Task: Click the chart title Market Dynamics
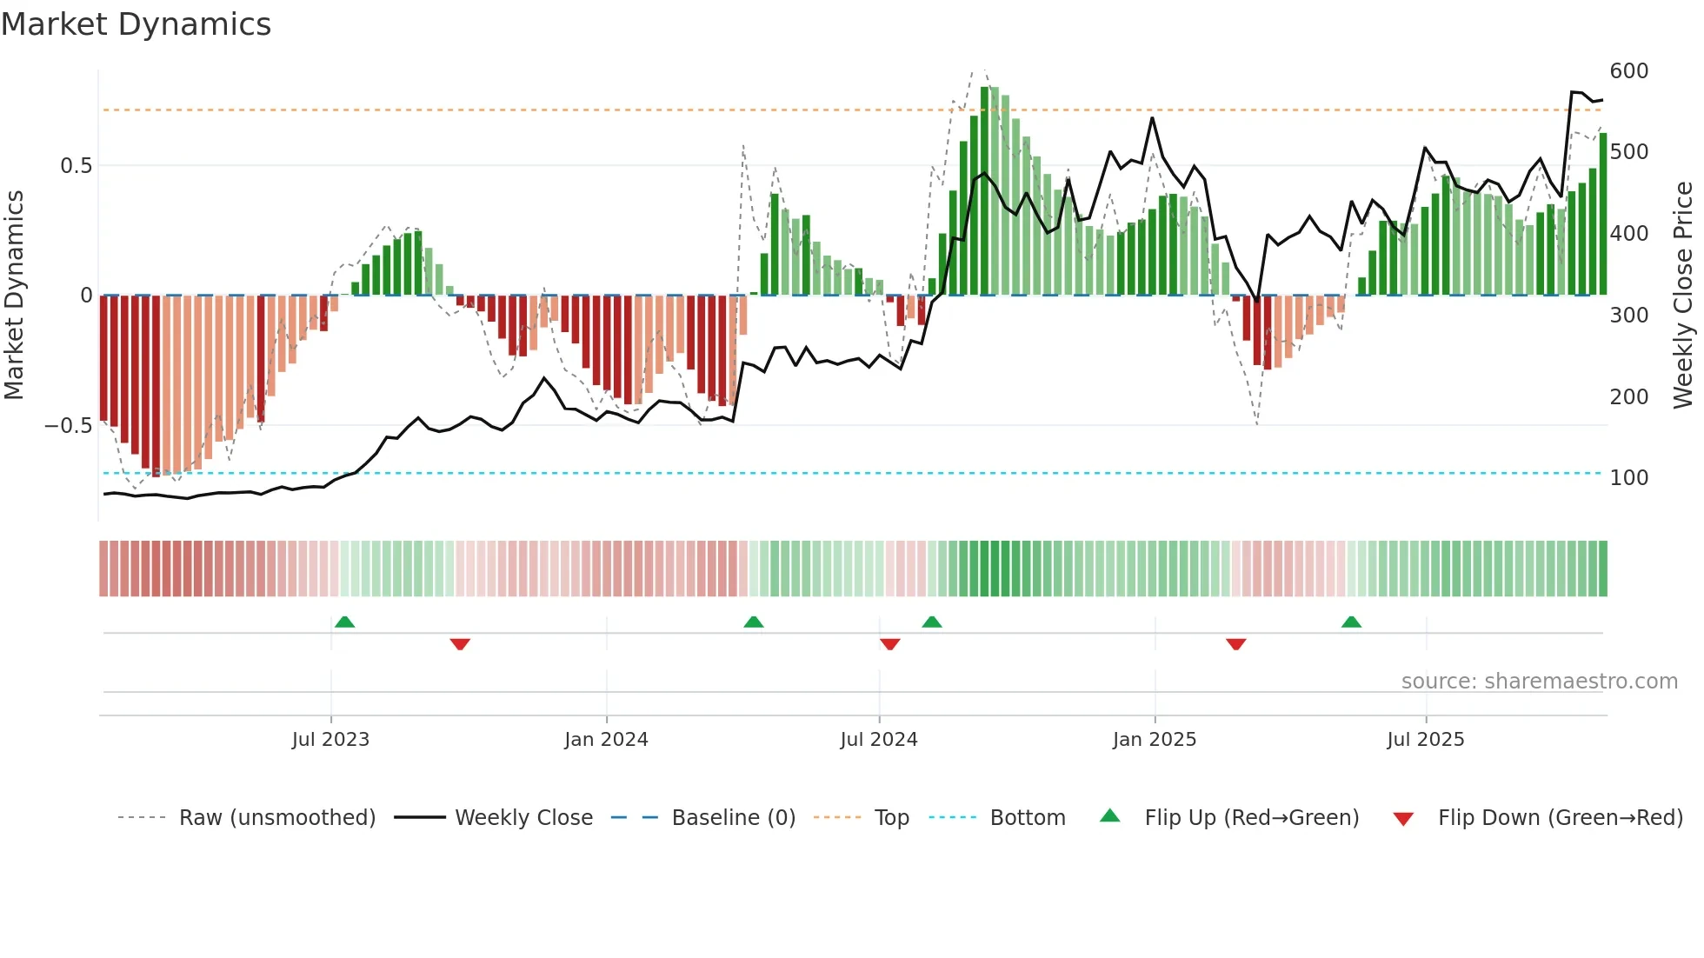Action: click(x=136, y=24)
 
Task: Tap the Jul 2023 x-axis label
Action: click(x=330, y=740)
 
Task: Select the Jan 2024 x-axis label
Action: click(x=606, y=740)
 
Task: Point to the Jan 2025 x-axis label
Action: click(x=1155, y=740)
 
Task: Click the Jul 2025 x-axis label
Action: click(x=1426, y=740)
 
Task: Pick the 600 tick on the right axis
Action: click(x=1629, y=71)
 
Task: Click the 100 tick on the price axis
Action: click(x=1629, y=478)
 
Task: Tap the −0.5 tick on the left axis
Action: click(x=68, y=426)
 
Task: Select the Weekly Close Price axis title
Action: click(x=1683, y=296)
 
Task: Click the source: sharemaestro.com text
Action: click(x=1540, y=682)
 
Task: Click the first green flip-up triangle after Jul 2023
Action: click(x=344, y=622)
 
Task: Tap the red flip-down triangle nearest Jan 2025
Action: click(x=1236, y=644)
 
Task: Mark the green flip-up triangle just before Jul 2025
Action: click(x=1351, y=622)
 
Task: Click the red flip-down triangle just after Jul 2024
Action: click(x=889, y=644)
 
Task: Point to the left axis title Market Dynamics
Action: click(x=14, y=296)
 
